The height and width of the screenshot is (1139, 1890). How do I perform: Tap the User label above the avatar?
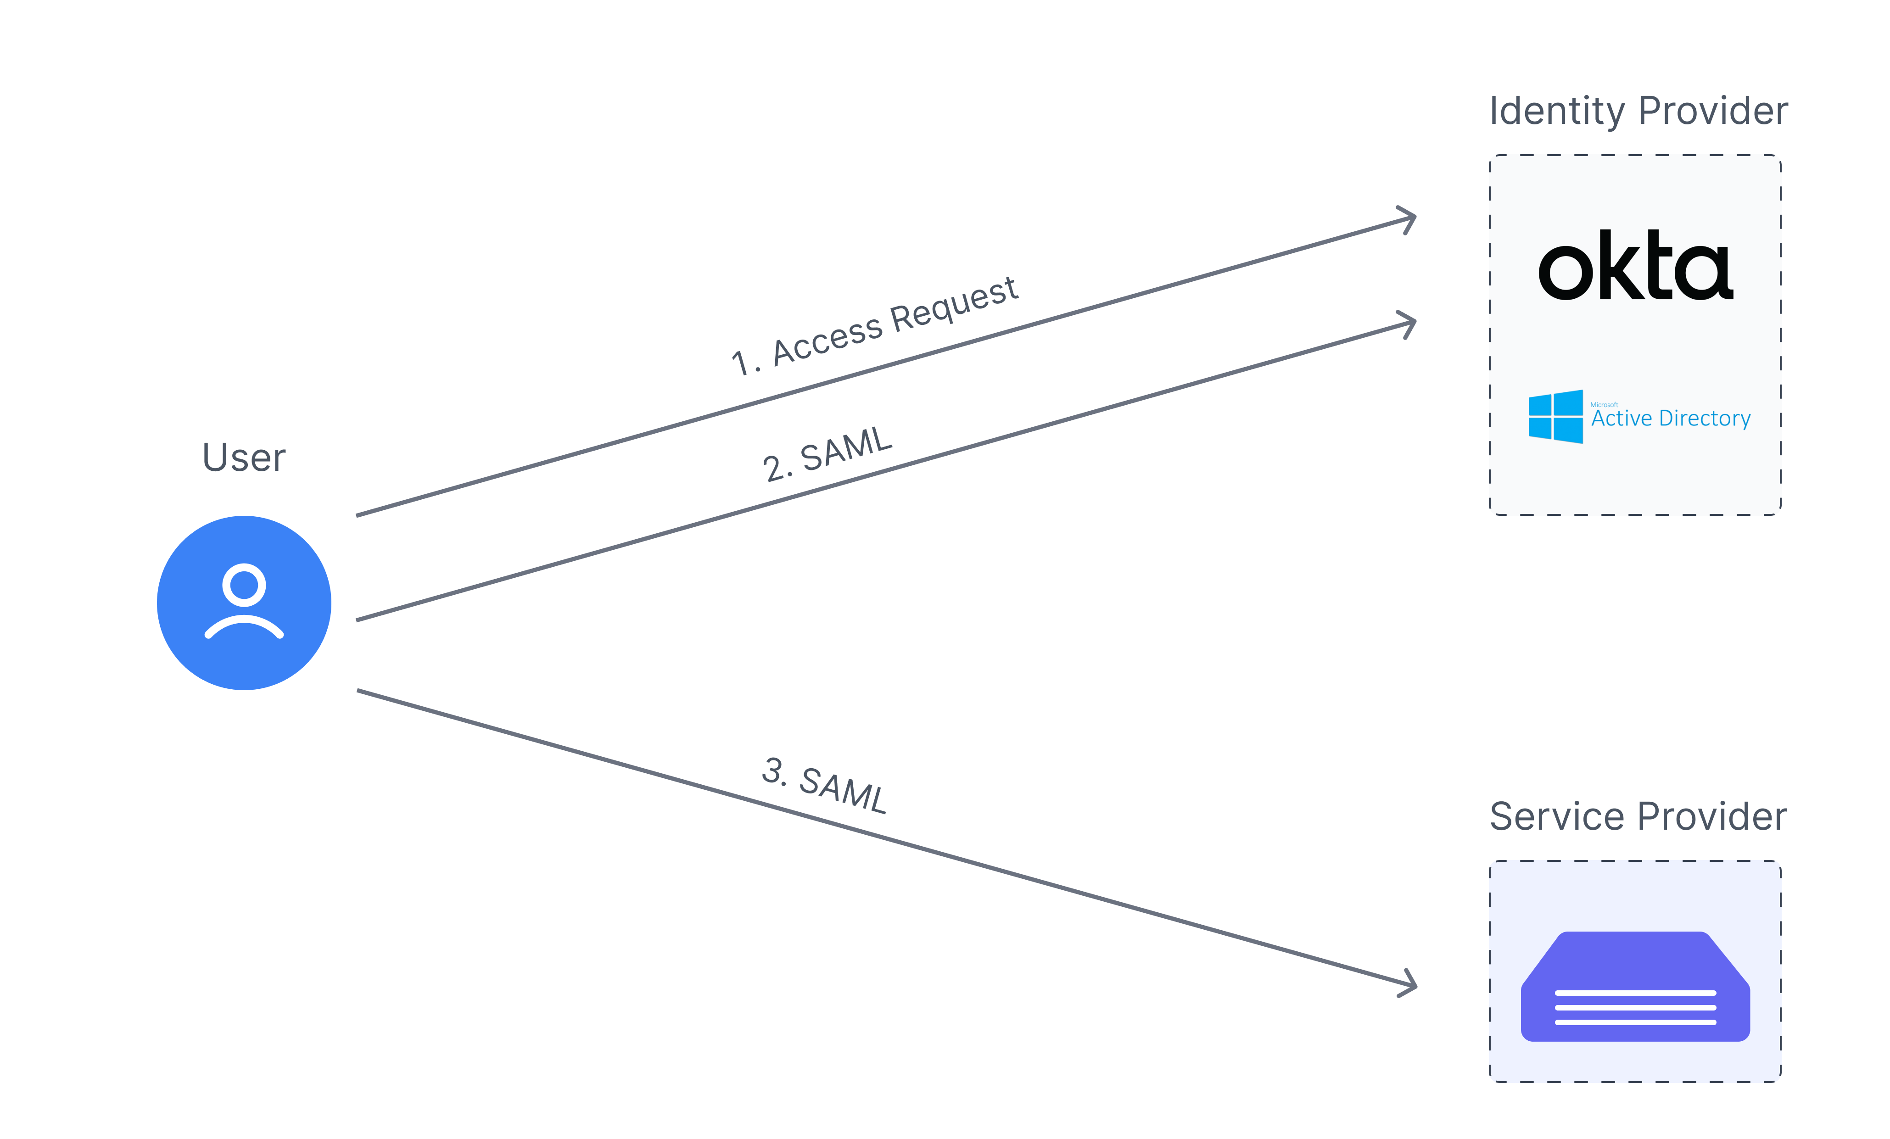244,458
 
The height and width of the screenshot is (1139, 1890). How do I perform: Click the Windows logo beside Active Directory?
1555,417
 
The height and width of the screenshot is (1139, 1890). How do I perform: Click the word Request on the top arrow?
953,305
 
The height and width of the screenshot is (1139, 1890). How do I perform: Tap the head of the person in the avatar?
244,585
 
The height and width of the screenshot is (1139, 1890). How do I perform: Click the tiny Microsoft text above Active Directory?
1604,404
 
